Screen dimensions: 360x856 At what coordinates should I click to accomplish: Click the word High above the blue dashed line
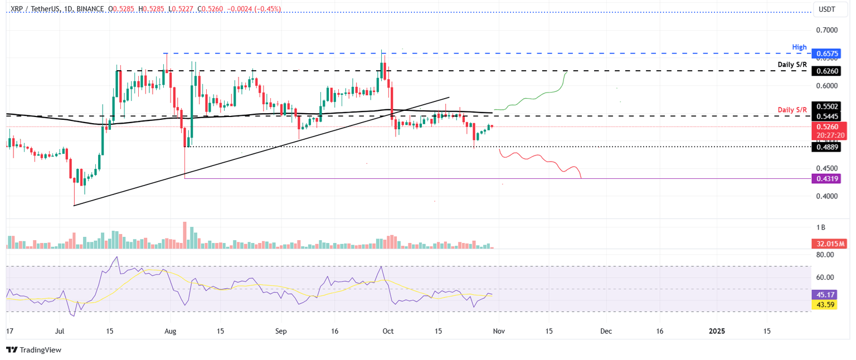(x=800, y=47)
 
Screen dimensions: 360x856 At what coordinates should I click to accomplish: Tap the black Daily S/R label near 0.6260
(x=792, y=65)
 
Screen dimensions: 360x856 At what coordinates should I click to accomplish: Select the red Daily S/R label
(x=792, y=110)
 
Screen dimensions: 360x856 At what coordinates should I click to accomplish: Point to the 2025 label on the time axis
(x=717, y=331)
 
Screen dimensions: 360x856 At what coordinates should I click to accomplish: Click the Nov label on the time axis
(x=499, y=331)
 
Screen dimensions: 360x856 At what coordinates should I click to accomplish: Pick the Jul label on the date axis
(x=61, y=331)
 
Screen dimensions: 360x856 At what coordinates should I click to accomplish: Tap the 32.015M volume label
(x=826, y=244)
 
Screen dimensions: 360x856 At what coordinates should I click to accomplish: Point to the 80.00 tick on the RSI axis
(x=825, y=255)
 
